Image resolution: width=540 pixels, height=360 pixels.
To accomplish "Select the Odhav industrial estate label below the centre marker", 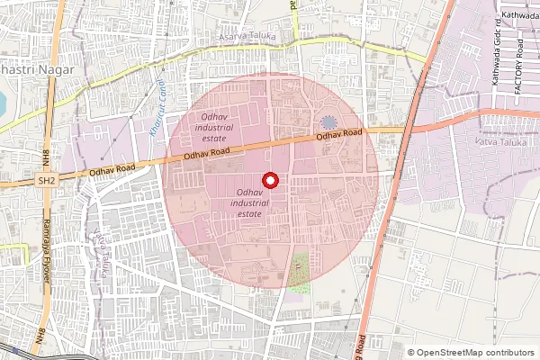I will click(249, 204).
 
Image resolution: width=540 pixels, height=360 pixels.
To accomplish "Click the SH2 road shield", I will click(46, 181).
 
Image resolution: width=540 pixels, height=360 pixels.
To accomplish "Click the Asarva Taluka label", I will click(245, 37).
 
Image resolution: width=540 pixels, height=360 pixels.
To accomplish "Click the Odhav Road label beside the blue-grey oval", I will click(338, 135).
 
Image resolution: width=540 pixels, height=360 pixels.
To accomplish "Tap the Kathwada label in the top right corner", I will click(519, 15).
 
